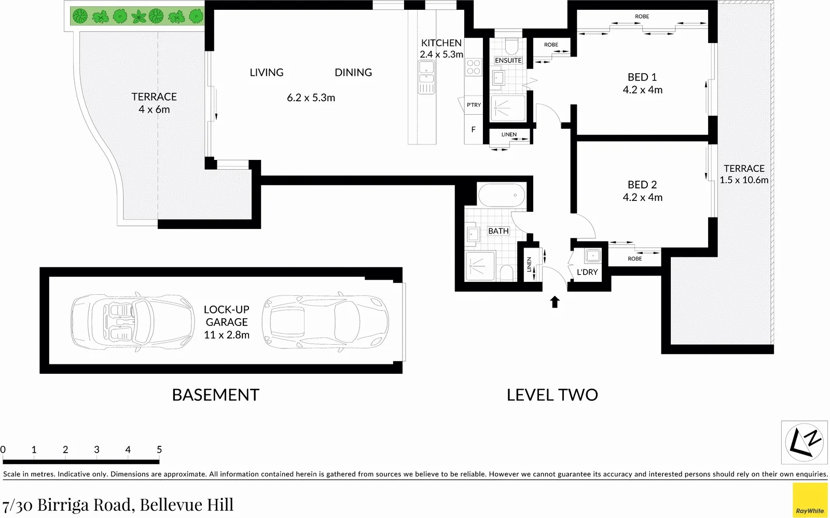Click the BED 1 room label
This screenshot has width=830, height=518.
pos(642,77)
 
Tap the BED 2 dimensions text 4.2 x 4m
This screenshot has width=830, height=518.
pos(642,197)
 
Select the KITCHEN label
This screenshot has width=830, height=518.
pos(441,43)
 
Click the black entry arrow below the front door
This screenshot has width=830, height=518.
pos(555,302)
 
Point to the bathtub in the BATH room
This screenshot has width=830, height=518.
pos(502,196)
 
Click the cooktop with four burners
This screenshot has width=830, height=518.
pos(474,67)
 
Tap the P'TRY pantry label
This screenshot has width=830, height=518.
pos(473,105)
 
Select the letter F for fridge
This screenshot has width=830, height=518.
pos(473,130)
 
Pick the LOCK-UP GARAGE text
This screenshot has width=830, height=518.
pos(227,316)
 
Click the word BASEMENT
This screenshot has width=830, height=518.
pos(215,395)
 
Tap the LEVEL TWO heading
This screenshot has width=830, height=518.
pos(552,395)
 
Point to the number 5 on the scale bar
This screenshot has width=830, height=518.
pos(159,450)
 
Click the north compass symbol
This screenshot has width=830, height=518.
pos(804,442)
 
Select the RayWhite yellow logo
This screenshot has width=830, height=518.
pos(810,500)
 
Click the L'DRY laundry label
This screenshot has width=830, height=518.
pos(587,272)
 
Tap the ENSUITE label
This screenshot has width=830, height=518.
pos(508,61)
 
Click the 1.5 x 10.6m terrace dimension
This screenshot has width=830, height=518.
pos(744,180)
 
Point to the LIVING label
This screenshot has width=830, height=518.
pos(267,73)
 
